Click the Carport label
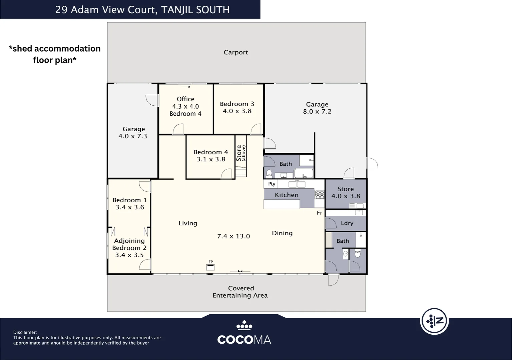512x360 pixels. click(x=236, y=52)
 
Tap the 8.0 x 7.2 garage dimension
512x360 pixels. click(x=317, y=111)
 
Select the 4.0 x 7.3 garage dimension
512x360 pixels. click(x=132, y=136)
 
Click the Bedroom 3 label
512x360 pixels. click(x=237, y=104)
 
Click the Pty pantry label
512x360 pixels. click(x=272, y=184)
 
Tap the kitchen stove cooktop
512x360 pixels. click(x=320, y=194)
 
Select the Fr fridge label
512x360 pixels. click(x=320, y=213)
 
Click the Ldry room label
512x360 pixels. click(x=347, y=223)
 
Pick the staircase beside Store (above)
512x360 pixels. click(x=241, y=172)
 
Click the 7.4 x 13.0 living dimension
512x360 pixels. click(x=233, y=236)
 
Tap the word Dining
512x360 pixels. click(x=282, y=233)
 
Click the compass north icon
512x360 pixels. click(x=434, y=321)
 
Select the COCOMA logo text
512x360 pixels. click(x=244, y=340)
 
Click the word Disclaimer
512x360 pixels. click(x=25, y=332)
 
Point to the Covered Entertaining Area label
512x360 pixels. click(x=240, y=292)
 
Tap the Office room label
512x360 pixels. click(x=185, y=99)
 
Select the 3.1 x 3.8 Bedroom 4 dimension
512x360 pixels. click(x=211, y=159)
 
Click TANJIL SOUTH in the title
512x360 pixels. click(x=195, y=10)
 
